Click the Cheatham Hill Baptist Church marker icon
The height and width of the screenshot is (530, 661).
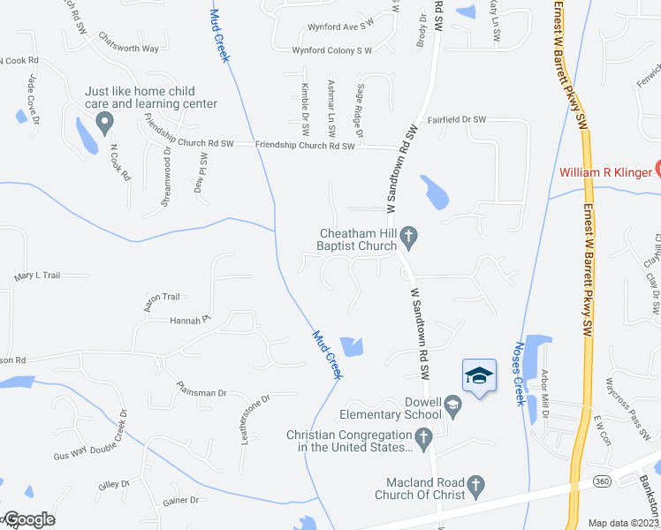coord(407,235)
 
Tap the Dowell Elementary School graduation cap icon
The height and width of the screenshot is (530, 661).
coord(452,407)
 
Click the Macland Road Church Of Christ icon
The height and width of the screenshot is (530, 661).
coord(475,485)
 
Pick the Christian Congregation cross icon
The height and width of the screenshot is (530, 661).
coord(423,435)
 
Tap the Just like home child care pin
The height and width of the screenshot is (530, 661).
coord(105,122)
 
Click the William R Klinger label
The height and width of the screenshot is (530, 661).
coord(604,171)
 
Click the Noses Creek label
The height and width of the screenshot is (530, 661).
coord(520,374)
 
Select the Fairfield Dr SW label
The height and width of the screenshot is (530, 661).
coord(457,119)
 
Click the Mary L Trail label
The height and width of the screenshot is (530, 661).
coord(37,276)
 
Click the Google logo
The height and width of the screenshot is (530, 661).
coord(28,519)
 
